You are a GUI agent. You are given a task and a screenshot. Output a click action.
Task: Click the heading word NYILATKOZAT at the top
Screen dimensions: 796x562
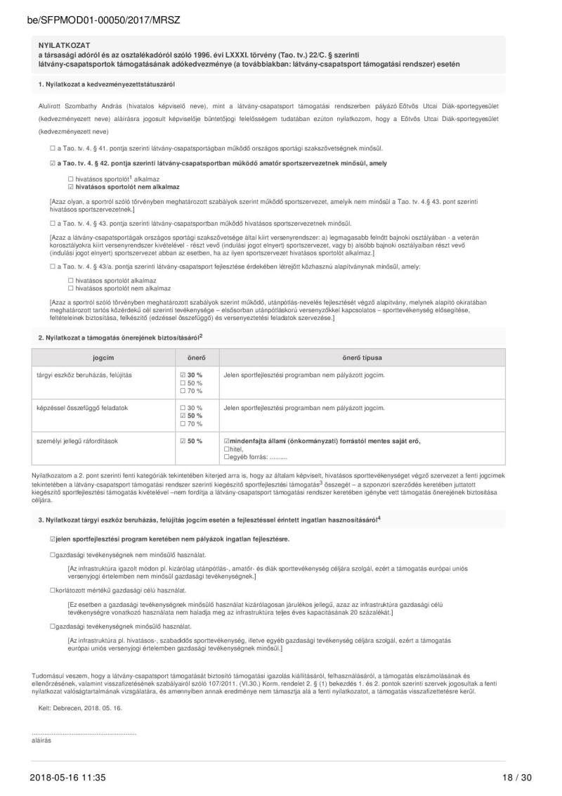tap(62, 45)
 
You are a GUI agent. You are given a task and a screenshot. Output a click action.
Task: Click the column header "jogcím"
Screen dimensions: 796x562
tap(103, 358)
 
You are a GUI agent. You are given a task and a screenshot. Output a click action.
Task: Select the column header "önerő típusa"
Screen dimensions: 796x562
tap(362, 358)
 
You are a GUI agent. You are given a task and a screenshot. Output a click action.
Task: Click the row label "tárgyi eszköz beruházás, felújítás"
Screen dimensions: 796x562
tap(84, 375)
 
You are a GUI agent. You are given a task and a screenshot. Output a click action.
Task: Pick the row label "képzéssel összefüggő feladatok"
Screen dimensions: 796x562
tap(81, 408)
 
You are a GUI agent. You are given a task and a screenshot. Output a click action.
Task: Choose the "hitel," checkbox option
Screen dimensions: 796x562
tap(226, 449)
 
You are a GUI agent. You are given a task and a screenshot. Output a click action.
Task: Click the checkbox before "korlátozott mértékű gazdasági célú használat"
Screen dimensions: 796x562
tap(53, 590)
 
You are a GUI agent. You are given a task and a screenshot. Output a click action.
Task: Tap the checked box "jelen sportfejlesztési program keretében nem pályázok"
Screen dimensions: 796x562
tap(53, 539)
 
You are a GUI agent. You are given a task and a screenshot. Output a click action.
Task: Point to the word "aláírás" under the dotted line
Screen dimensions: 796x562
tap(41, 740)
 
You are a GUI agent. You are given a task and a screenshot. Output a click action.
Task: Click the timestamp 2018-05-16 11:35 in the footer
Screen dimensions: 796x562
tap(67, 777)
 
